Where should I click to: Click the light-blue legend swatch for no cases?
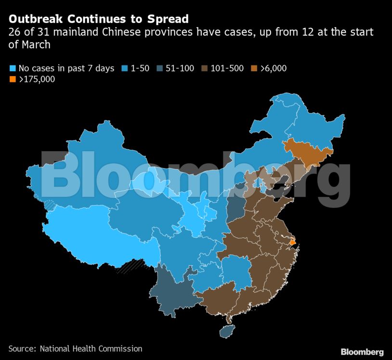click(x=13, y=68)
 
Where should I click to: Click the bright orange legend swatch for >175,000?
click(x=13, y=79)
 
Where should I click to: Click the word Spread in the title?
click(x=169, y=20)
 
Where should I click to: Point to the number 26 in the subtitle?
click(x=14, y=33)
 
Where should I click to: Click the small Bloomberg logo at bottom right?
click(x=362, y=352)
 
